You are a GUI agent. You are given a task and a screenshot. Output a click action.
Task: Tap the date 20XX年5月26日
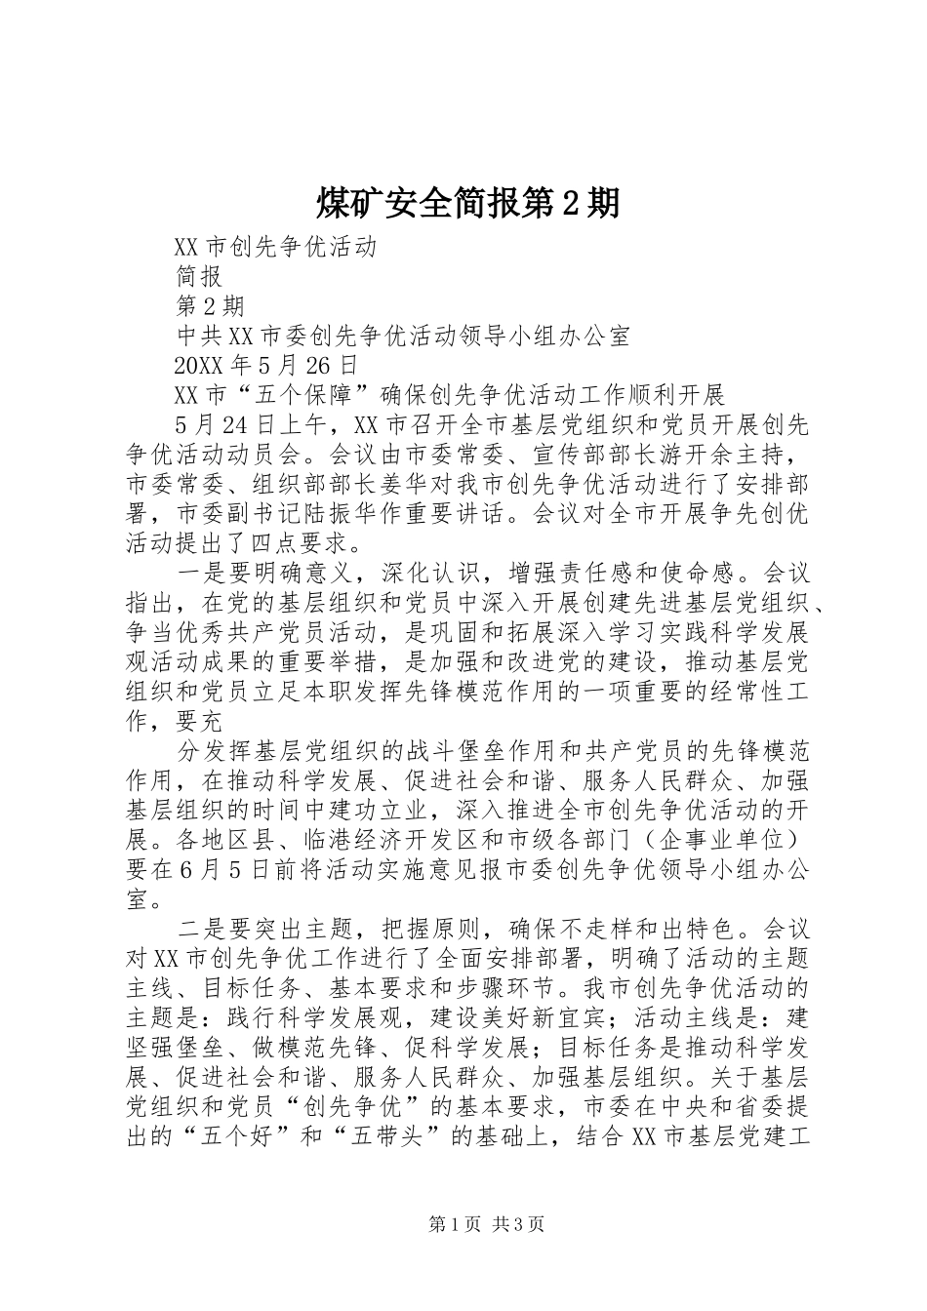[265, 365]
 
